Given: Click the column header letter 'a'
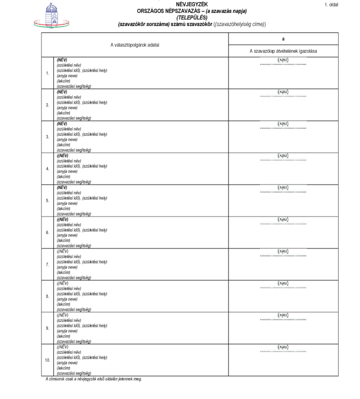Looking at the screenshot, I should (283, 39).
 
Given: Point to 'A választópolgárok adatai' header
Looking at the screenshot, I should (135, 45).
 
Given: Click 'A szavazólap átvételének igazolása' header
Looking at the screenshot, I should (283, 51).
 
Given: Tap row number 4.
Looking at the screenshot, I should (47, 169).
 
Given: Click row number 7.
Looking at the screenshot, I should (47, 264).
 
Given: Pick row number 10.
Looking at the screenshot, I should (47, 360).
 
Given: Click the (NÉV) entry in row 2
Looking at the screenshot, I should (62, 92).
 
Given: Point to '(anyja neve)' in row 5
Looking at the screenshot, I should (67, 203).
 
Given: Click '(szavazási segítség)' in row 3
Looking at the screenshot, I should (74, 150).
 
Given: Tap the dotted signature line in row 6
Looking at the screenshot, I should (283, 224).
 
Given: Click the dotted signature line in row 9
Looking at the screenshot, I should (283, 320).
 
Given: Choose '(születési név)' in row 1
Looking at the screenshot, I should (69, 65).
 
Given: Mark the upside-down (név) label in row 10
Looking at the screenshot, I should (283, 347).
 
